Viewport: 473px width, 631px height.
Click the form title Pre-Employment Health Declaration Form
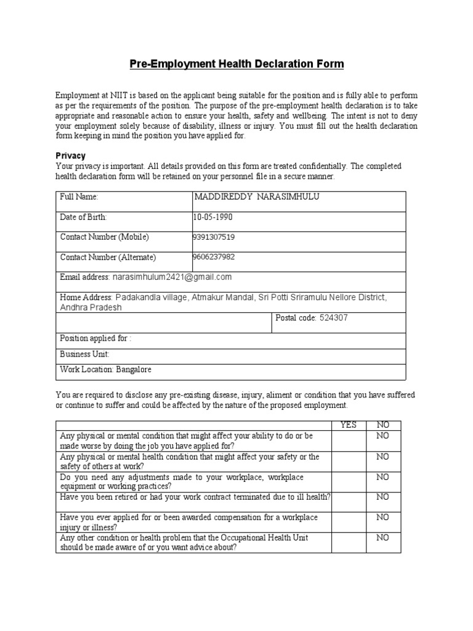click(236, 64)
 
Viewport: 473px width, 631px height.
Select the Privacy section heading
click(71, 156)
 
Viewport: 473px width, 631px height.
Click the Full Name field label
click(79, 197)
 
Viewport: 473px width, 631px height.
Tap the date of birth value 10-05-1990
click(214, 217)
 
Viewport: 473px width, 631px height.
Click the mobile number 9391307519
click(214, 237)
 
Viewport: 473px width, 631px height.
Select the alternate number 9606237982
click(214, 257)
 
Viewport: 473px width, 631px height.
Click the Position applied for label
click(95, 338)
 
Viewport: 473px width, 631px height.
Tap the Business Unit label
click(84, 354)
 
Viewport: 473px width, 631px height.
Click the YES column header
click(349, 425)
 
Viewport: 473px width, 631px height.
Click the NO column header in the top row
click(382, 425)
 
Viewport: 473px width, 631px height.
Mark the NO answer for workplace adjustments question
click(382, 477)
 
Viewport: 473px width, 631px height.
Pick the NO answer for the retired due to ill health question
click(382, 497)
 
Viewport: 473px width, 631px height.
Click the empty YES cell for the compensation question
click(349, 522)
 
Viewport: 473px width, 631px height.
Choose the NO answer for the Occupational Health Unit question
click(382, 538)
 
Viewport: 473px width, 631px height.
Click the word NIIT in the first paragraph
click(119, 96)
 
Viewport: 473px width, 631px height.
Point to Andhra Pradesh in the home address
click(91, 307)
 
